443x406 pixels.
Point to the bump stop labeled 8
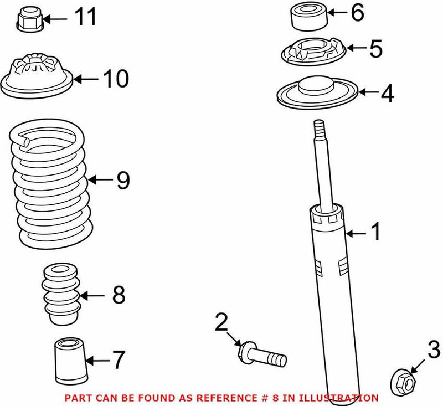tap(61, 294)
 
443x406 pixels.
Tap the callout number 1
tap(376, 233)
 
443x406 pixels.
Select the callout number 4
tap(387, 94)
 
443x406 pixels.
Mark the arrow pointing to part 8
tap(94, 295)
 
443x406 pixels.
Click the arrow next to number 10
tap(85, 79)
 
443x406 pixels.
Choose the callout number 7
tap(119, 361)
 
